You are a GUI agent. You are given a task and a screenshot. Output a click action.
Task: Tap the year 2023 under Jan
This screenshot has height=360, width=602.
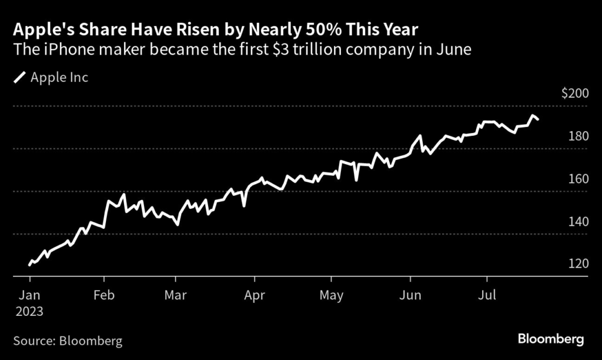[x=29, y=311]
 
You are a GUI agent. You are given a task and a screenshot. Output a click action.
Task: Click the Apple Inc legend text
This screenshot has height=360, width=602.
[x=59, y=77]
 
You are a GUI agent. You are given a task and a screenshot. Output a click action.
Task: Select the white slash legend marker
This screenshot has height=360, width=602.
[x=19, y=77]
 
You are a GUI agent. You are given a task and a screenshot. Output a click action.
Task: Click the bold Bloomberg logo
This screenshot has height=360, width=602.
[x=551, y=339]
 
